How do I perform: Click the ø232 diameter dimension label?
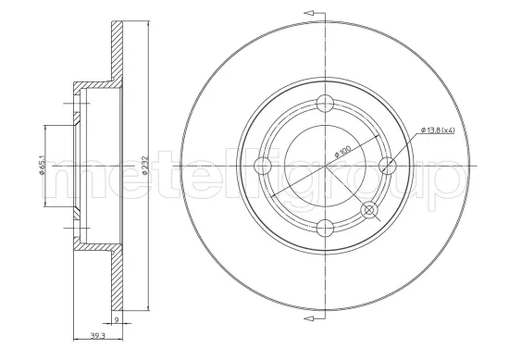pos(145,166)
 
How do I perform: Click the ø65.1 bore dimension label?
pos(42,167)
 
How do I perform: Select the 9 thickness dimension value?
pos(117,319)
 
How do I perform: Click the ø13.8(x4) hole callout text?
pos(438,130)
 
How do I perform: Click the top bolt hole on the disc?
pos(325,104)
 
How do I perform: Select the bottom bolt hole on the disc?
pos(325,228)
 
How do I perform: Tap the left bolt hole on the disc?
pos(262,166)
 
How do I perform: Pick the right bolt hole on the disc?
pos(388,166)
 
